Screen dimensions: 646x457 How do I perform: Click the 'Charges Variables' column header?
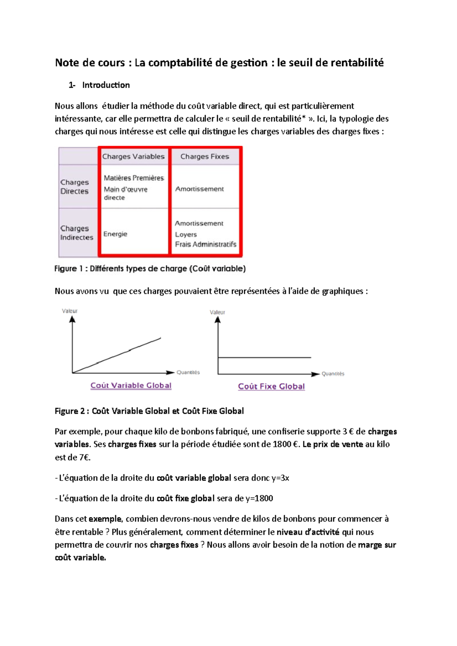pyautogui.click(x=133, y=156)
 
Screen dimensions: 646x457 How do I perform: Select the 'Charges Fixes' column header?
pyautogui.click(x=205, y=156)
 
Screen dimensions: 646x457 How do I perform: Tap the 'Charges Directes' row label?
pyautogui.click(x=75, y=187)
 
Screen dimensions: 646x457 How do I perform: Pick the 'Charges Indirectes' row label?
pyautogui.click(x=77, y=233)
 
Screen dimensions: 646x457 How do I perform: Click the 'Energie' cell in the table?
pyautogui.click(x=115, y=234)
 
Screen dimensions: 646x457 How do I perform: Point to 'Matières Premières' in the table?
pyautogui.click(x=134, y=178)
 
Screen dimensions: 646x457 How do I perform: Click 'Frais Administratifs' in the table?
pyautogui.click(x=206, y=244)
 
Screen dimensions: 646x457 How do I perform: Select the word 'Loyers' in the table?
pyautogui.click(x=186, y=235)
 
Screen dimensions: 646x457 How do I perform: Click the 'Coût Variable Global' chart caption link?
pyautogui.click(x=131, y=385)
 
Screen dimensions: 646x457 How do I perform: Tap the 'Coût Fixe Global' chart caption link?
pyautogui.click(x=271, y=387)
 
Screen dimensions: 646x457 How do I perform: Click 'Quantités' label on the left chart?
pyautogui.click(x=188, y=372)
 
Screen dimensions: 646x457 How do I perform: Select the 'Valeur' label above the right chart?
pyautogui.click(x=217, y=312)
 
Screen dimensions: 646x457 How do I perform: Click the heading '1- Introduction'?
pyautogui.click(x=99, y=85)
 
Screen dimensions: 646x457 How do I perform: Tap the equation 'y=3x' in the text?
pyautogui.click(x=280, y=478)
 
